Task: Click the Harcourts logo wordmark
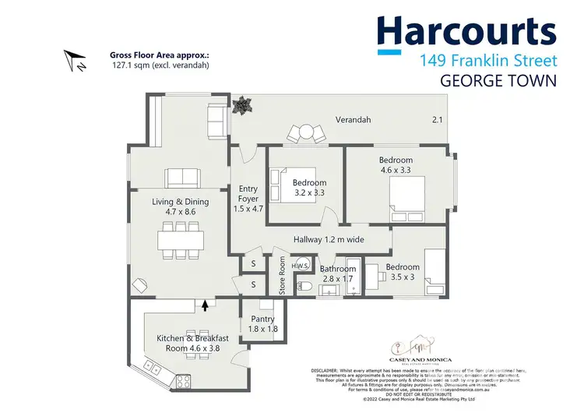click(466, 34)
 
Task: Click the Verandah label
click(353, 120)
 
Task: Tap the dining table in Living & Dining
click(181, 238)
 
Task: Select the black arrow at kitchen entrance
click(205, 307)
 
